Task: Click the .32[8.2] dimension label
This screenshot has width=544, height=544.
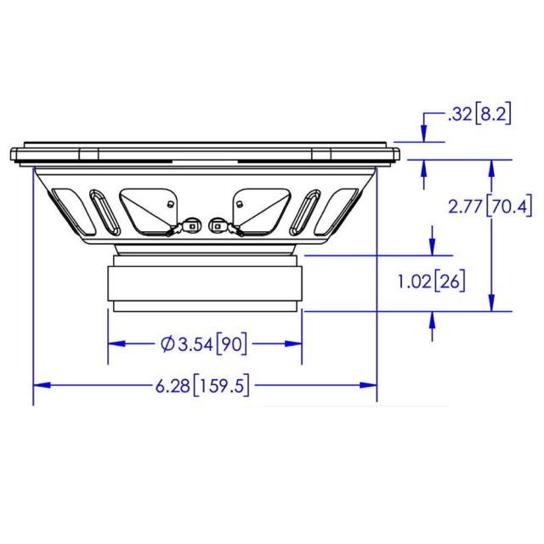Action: coord(479,114)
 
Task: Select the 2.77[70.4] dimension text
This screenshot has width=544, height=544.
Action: coord(490,207)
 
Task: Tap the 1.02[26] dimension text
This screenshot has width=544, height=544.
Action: coord(431,281)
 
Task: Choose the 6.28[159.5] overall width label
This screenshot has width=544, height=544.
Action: coord(202,385)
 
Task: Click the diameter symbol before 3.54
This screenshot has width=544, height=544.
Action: coord(167,344)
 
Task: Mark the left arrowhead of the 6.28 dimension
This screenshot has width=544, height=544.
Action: coord(42,385)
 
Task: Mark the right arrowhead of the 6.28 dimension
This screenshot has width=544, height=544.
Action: coord(368,385)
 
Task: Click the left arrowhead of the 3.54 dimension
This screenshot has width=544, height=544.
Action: coord(116,343)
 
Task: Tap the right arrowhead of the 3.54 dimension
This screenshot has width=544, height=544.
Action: coord(293,343)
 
